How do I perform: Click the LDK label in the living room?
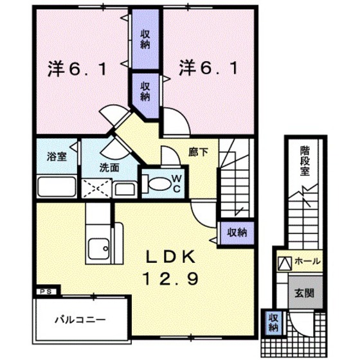click(170, 256)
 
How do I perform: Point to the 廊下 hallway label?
click(197, 154)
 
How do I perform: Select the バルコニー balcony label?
click(80, 319)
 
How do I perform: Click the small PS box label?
click(46, 291)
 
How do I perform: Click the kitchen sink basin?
click(99, 247)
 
